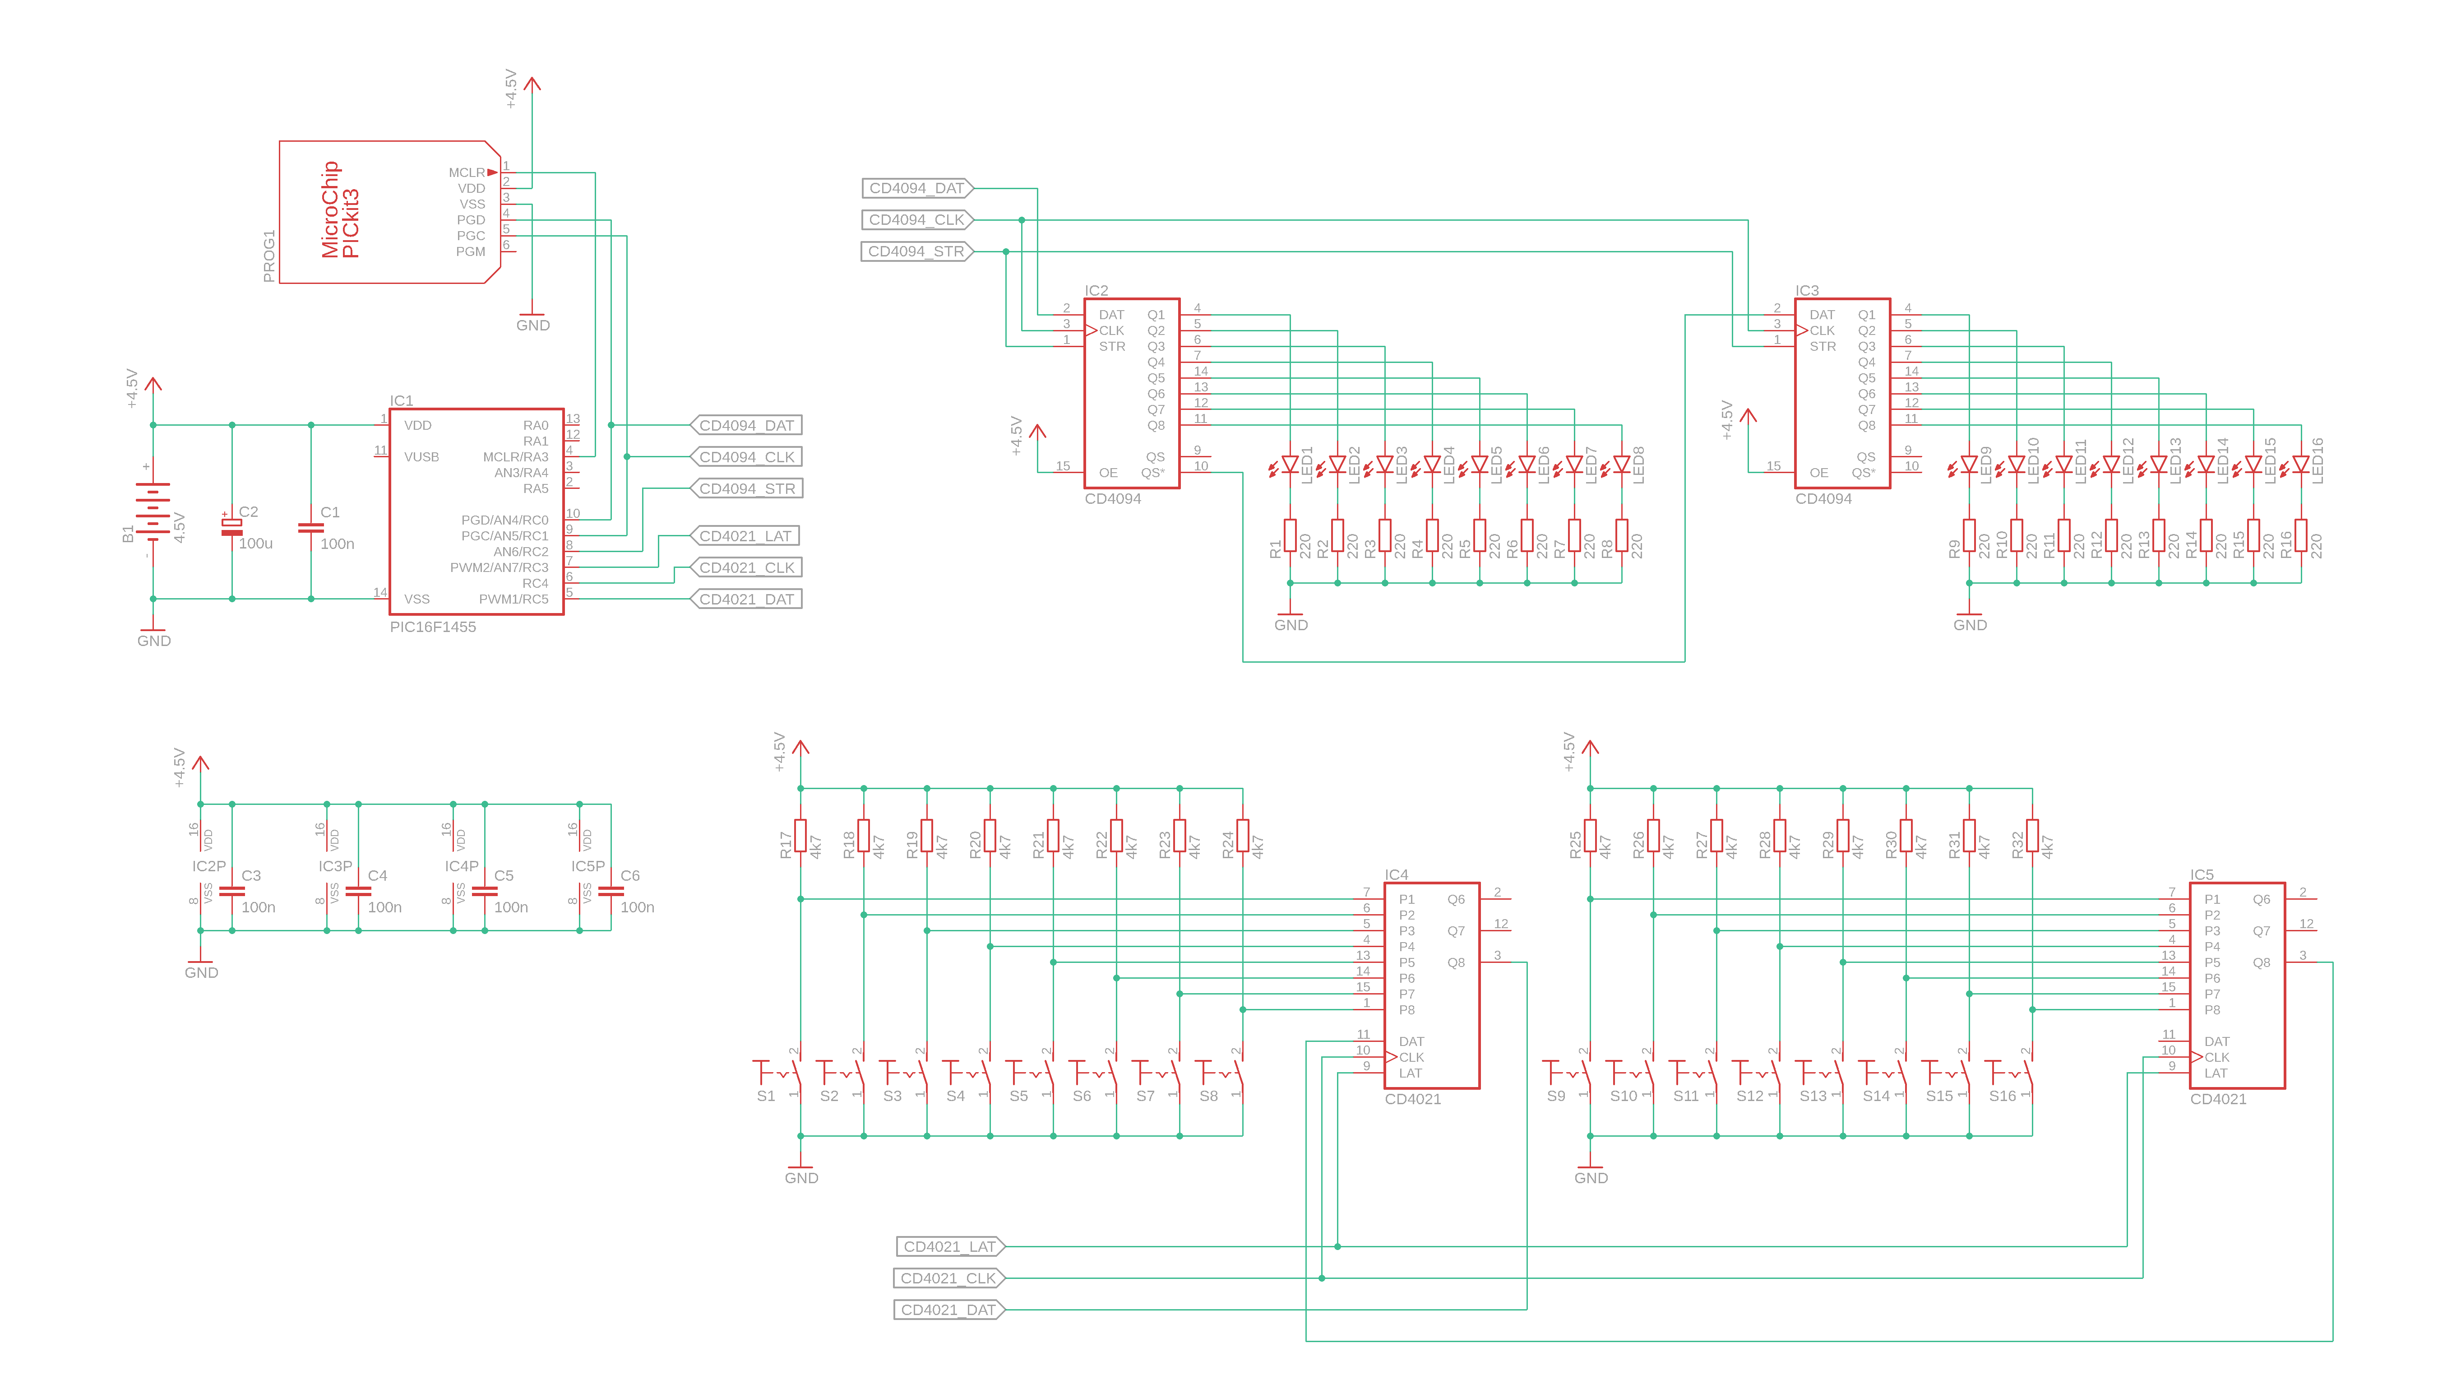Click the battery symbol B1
(x=152, y=511)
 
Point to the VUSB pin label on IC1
(x=421, y=457)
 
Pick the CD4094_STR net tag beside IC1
(x=746, y=488)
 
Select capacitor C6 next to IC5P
(x=611, y=891)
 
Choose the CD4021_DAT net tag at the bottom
(x=948, y=1310)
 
